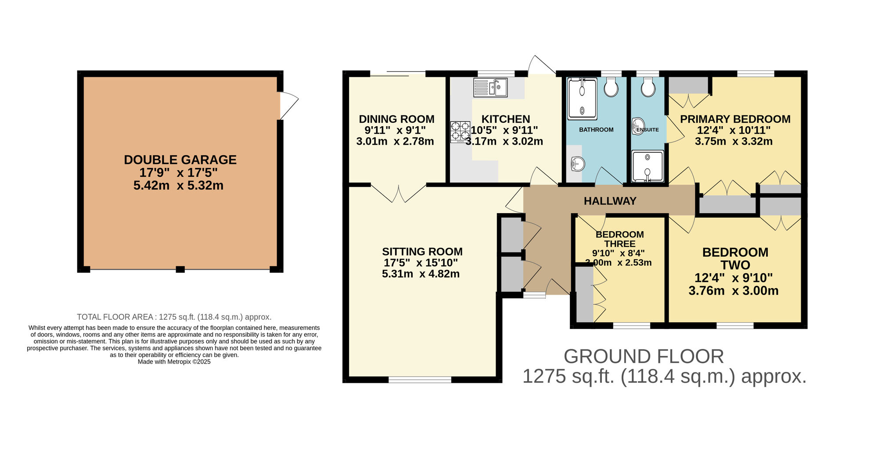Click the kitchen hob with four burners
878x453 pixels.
pyautogui.click(x=460, y=132)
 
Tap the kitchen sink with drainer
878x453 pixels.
pyautogui.click(x=490, y=87)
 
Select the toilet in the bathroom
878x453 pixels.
pyautogui.click(x=611, y=87)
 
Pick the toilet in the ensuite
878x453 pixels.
pyautogui.click(x=648, y=87)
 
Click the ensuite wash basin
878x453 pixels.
pyautogui.click(x=638, y=126)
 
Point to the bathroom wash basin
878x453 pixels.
pyautogui.click(x=578, y=164)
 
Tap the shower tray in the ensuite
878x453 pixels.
pyautogui.click(x=648, y=166)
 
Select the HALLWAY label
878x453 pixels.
pyautogui.click(x=610, y=201)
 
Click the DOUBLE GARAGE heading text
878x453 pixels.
pyautogui.click(x=180, y=160)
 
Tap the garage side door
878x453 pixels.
pyautogui.click(x=289, y=105)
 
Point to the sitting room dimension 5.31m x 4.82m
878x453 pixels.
pyautogui.click(x=421, y=274)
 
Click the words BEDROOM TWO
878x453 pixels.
pyautogui.click(x=735, y=259)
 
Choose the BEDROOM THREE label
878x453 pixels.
pyautogui.click(x=619, y=239)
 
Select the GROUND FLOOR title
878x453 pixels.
pyautogui.click(x=644, y=357)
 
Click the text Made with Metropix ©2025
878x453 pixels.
pyautogui.click(x=174, y=362)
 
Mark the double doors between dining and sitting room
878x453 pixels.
pyautogui.click(x=399, y=193)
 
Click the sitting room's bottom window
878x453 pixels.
pyautogui.click(x=420, y=380)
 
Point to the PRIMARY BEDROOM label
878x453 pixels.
pyautogui.click(x=735, y=119)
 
